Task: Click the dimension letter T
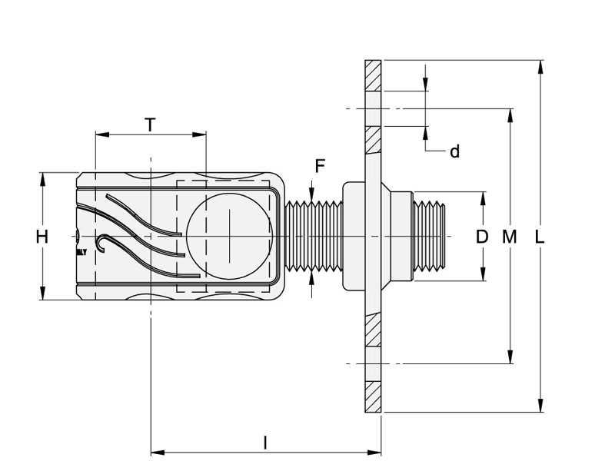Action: pos(151,125)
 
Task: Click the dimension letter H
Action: pos(42,237)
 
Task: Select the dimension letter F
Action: pos(320,167)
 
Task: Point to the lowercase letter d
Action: pos(454,152)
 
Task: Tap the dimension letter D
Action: pos(482,237)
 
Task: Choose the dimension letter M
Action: pos(509,237)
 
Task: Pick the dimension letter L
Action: pos(540,237)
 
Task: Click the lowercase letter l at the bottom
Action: pos(265,443)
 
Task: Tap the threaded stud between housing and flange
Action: pos(314,236)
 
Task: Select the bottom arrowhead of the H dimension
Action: pos(42,294)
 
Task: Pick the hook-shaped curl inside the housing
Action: pos(103,244)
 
